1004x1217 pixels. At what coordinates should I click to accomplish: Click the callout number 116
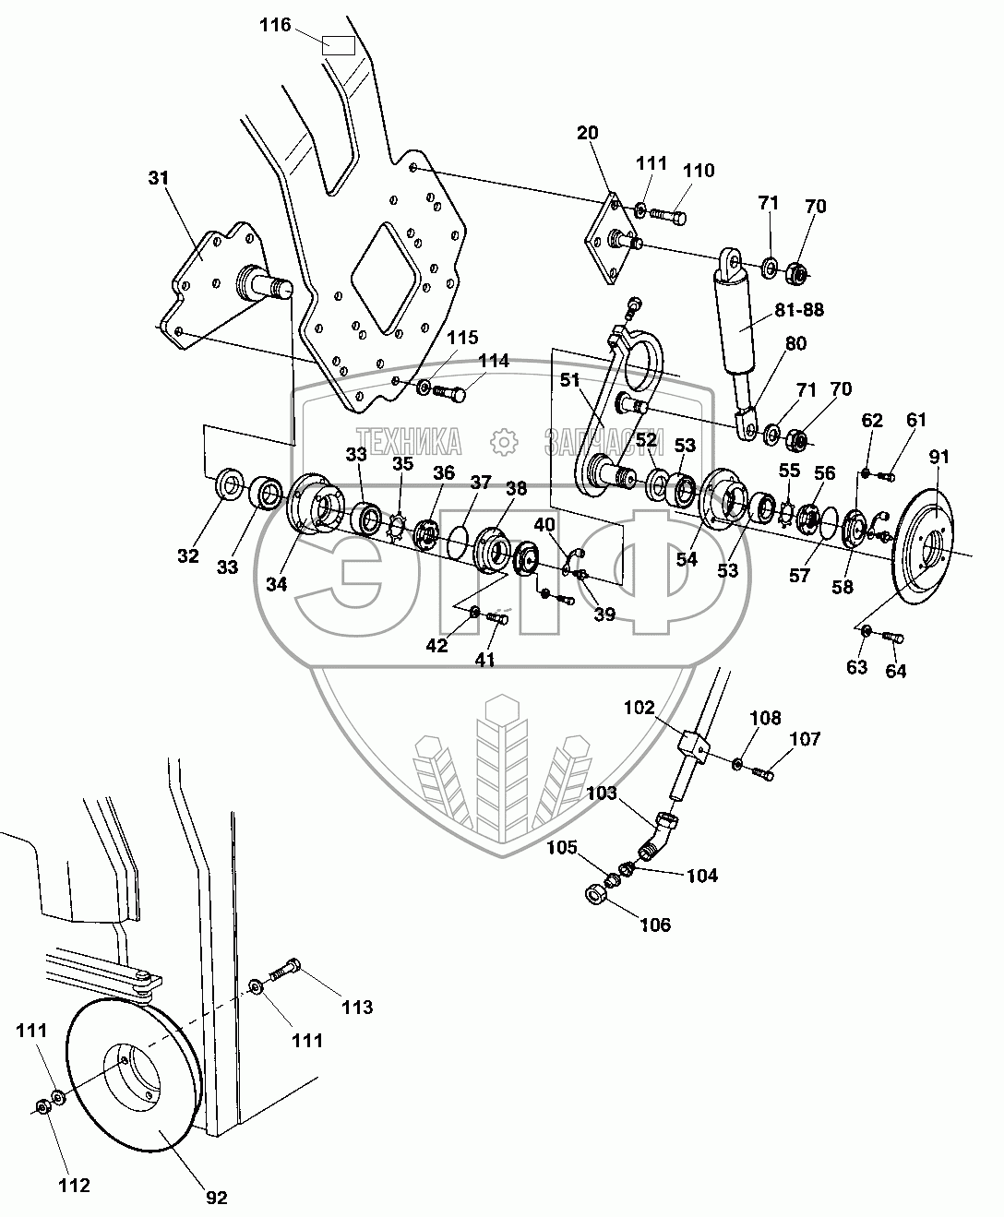point(274,26)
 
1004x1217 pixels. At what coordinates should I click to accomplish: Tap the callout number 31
point(160,178)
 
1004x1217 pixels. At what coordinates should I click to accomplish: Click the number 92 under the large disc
point(216,1198)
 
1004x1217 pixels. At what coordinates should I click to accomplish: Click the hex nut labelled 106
point(595,893)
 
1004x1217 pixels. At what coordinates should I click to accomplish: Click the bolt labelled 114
point(450,394)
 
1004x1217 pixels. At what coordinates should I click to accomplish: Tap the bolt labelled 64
point(892,636)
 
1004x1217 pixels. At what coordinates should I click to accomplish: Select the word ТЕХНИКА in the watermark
point(409,442)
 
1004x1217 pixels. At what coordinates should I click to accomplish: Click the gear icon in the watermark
point(503,442)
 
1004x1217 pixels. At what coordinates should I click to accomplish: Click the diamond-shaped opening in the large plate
point(386,274)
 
